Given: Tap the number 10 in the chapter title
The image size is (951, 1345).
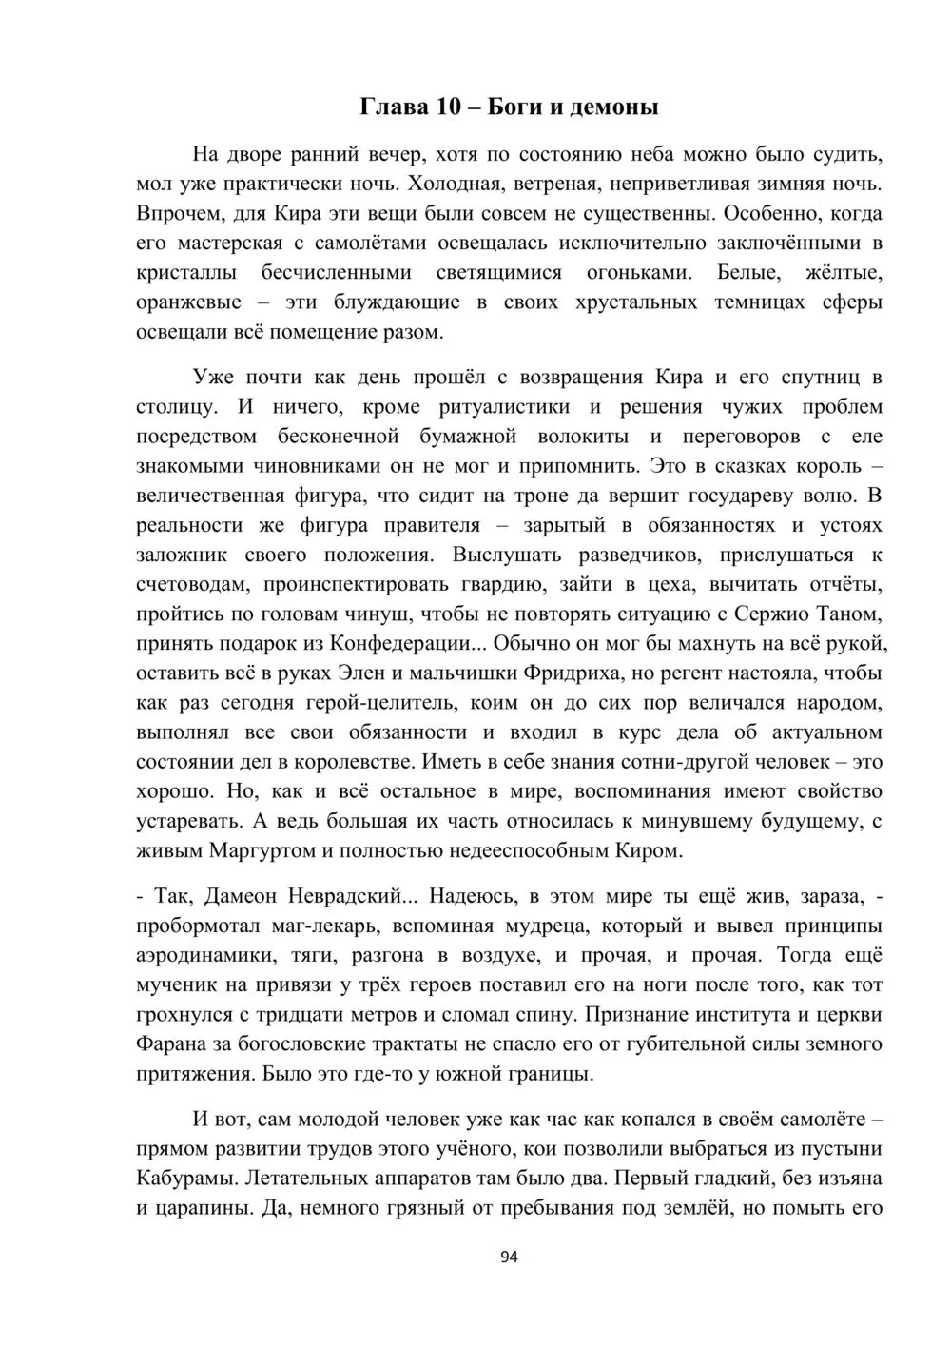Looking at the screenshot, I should tap(449, 107).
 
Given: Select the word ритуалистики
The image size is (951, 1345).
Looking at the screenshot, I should tap(505, 407).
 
